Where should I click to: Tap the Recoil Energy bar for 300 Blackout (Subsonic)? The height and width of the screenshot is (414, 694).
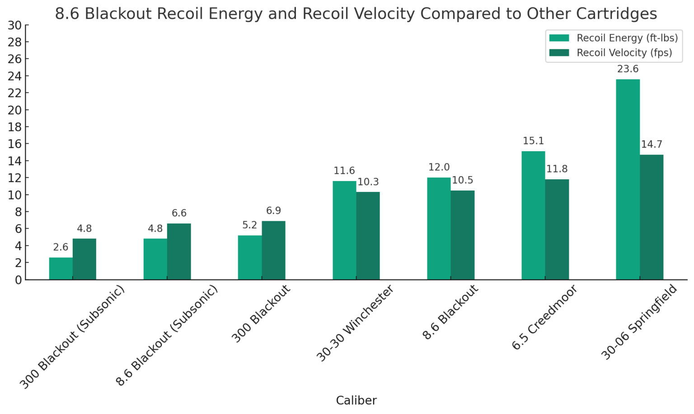(61, 269)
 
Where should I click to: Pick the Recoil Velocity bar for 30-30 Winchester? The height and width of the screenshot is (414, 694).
(368, 236)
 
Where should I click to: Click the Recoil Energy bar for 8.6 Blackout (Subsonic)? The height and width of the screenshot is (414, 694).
(155, 259)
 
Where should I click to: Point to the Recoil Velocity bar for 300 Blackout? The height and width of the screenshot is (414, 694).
(273, 250)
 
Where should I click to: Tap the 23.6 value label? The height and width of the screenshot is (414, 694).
(628, 69)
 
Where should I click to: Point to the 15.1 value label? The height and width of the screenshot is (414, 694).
(533, 141)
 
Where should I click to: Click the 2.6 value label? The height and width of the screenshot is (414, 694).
(61, 247)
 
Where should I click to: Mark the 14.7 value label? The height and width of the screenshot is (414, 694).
(652, 144)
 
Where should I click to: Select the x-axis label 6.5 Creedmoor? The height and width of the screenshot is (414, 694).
(544, 317)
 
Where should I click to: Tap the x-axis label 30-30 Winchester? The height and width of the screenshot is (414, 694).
(355, 323)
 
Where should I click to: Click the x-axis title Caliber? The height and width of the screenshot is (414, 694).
(356, 400)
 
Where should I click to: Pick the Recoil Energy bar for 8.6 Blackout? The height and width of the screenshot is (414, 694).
(439, 228)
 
